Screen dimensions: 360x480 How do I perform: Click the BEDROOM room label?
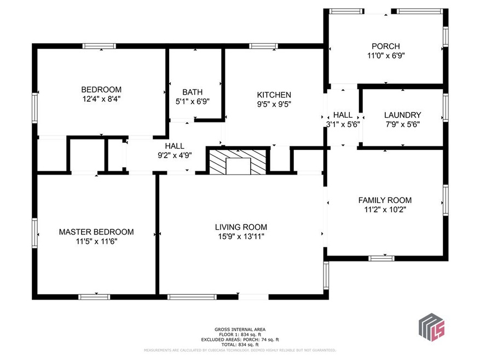pyautogui.click(x=101, y=90)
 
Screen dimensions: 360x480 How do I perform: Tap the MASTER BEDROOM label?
pyautogui.click(x=96, y=232)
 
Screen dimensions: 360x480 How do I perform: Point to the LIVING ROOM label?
pyautogui.click(x=241, y=227)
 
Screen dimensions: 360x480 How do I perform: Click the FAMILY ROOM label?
pyautogui.click(x=385, y=200)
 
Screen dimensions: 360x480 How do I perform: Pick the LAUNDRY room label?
pyautogui.click(x=403, y=115)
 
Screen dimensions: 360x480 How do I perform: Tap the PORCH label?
pyautogui.click(x=386, y=47)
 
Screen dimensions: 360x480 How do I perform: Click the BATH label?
pyautogui.click(x=193, y=92)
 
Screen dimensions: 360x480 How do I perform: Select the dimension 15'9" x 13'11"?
pyautogui.click(x=241, y=236)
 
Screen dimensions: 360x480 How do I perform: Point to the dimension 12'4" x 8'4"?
pyautogui.click(x=101, y=99)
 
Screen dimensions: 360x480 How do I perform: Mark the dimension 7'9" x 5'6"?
pyautogui.click(x=403, y=124)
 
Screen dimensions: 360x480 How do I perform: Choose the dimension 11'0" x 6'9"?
pyautogui.click(x=386, y=56)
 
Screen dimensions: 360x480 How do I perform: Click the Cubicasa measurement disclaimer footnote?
pyautogui.click(x=240, y=350)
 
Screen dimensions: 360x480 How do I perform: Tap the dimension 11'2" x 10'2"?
pyautogui.click(x=385, y=210)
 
